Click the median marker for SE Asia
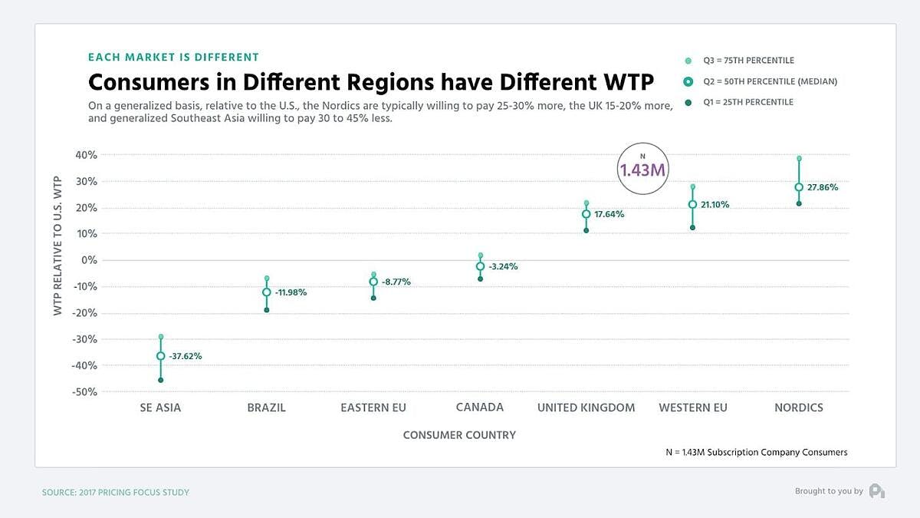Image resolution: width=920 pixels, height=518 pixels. (160, 356)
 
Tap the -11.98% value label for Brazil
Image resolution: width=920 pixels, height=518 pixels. (291, 292)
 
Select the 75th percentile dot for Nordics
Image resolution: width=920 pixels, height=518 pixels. (799, 159)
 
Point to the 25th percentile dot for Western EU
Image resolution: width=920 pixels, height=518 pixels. (692, 227)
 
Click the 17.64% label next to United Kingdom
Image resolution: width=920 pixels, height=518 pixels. (609, 215)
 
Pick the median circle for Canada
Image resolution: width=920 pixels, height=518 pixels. (480, 266)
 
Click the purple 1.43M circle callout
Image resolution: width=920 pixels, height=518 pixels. (642, 169)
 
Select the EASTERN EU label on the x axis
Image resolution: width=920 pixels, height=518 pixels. (373, 407)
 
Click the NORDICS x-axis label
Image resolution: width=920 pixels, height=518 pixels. (799, 407)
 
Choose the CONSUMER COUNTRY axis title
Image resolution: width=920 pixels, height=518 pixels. (459, 435)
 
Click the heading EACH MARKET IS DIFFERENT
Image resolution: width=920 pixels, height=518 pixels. (173, 57)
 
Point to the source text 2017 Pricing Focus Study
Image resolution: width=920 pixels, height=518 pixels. (115, 492)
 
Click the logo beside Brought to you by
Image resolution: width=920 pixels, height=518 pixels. (877, 491)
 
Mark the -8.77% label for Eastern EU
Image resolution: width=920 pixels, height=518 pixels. (396, 282)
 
